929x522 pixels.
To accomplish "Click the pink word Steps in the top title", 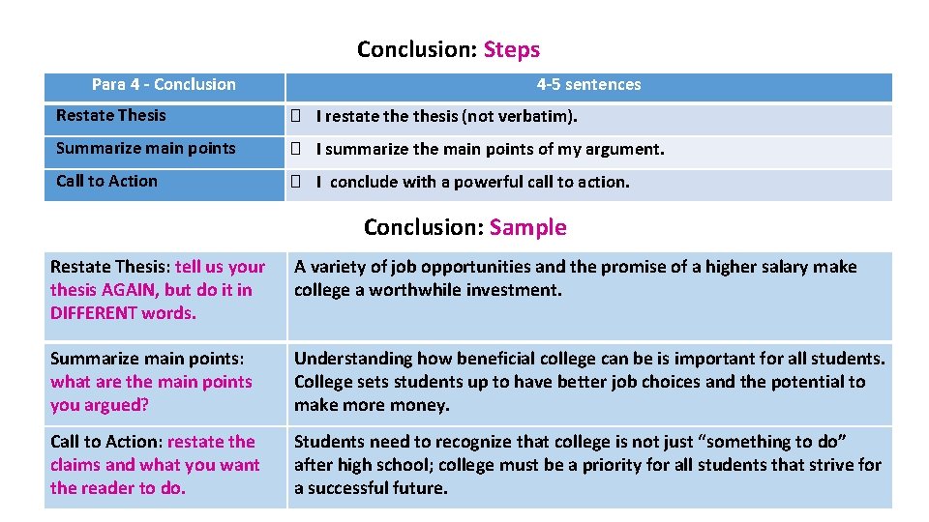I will pyautogui.click(x=512, y=49).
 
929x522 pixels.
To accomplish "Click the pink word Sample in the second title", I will pyautogui.click(x=527, y=227).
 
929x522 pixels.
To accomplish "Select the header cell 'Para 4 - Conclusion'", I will pyautogui.click(x=164, y=85).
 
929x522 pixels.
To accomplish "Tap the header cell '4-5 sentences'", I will pyautogui.click(x=588, y=85).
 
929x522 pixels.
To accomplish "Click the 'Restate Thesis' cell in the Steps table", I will pyautogui.click(x=111, y=116).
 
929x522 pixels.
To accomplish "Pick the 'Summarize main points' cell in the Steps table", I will pyautogui.click(x=146, y=149).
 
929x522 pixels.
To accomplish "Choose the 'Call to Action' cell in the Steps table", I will pyautogui.click(x=106, y=182).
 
